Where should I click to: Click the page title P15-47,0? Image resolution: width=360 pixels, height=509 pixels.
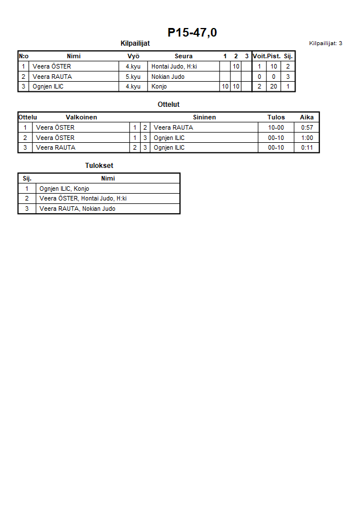coord(192,33)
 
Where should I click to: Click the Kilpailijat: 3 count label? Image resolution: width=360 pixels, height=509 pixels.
coord(325,43)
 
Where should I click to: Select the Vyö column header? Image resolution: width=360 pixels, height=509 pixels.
coord(133,56)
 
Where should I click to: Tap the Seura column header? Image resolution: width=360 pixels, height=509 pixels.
coord(183,56)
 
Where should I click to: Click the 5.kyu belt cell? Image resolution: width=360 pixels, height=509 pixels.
coord(133,77)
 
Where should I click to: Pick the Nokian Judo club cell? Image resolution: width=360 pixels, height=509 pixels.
coord(168,77)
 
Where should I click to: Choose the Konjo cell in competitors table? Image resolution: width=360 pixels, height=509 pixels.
coord(159,87)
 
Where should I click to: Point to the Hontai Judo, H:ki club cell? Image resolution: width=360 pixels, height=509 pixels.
coord(174,66)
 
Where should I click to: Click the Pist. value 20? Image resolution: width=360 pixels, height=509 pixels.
coord(274,87)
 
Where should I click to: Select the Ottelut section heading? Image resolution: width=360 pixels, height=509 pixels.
coord(169,105)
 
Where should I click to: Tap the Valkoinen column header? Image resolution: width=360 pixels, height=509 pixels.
coord(81,117)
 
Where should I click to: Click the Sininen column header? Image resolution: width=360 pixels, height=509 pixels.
coord(204,117)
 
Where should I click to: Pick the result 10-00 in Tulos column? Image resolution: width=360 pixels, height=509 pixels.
coord(276,127)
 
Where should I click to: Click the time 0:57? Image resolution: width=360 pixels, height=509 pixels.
coord(307,127)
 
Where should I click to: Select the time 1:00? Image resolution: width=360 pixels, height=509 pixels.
coord(307,138)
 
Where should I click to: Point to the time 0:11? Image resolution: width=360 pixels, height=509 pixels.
coord(307,147)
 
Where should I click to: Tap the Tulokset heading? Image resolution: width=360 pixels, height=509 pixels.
coord(99,166)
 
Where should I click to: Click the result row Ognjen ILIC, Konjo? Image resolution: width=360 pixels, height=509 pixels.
coord(64,189)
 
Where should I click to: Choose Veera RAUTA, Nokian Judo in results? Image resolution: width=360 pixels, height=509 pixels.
coord(77,209)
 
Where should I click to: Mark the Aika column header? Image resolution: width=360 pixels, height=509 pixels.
coord(307,117)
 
